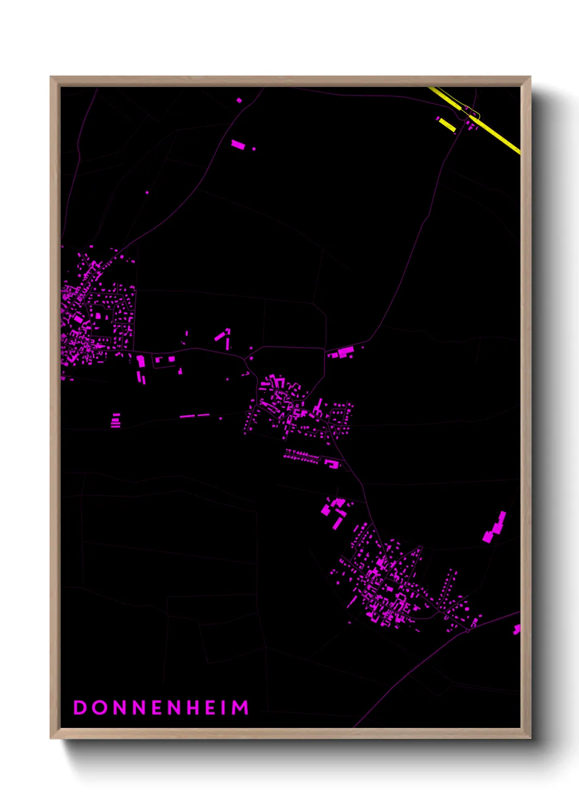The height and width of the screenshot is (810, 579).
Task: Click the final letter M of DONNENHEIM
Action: pyautogui.click(x=240, y=708)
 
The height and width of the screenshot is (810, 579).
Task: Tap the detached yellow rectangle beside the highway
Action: pyautogui.click(x=447, y=125)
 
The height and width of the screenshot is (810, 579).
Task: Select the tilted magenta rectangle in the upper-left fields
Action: pyautogui.click(x=238, y=144)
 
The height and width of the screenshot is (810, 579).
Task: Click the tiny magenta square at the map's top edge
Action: pyautogui.click(x=239, y=100)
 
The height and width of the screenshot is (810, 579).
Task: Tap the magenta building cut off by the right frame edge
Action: pyautogui.click(x=516, y=629)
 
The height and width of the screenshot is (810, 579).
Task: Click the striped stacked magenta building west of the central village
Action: pyautogui.click(x=115, y=421)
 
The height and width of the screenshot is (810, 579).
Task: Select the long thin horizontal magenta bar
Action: pyautogui.click(x=194, y=416)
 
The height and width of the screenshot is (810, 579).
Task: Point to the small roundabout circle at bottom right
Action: pyautogui.click(x=468, y=630)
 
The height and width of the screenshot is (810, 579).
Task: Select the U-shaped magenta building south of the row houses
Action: pyautogui.click(x=332, y=464)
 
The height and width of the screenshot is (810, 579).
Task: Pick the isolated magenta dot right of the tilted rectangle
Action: pyautogui.click(x=253, y=148)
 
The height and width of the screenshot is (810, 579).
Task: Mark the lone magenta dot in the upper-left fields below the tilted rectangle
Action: pyautogui.click(x=147, y=192)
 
